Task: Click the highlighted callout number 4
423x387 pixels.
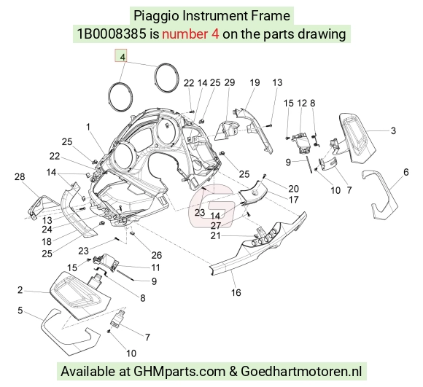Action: [x=123, y=57]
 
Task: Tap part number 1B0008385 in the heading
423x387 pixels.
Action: [x=112, y=34]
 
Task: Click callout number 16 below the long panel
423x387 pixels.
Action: [x=236, y=292]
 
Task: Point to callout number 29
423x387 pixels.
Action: [x=230, y=82]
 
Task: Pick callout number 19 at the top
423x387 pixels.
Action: [x=255, y=82]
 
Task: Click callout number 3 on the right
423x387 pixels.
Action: [x=393, y=130]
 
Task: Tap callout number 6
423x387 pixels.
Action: [x=406, y=172]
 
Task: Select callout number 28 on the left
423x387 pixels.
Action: [x=20, y=177]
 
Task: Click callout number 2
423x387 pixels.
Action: [x=20, y=290]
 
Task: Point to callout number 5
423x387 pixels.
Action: [x=20, y=310]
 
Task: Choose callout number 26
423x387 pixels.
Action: [x=157, y=255]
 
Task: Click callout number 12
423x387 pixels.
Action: [x=302, y=103]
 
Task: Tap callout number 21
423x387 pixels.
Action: [x=215, y=236]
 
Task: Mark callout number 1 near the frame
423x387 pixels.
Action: [x=88, y=127]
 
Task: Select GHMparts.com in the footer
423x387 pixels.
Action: [x=179, y=372]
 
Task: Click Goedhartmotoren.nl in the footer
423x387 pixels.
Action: [x=301, y=372]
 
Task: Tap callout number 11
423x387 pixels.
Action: [x=155, y=267]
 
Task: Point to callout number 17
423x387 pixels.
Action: [x=293, y=200]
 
